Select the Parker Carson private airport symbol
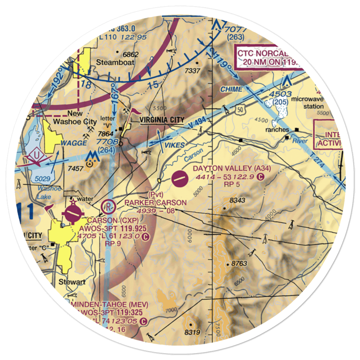coord(108,207)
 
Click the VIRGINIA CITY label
coord(162,120)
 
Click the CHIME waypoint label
coord(231,89)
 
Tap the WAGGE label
coord(73,143)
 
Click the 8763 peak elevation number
coord(239,264)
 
